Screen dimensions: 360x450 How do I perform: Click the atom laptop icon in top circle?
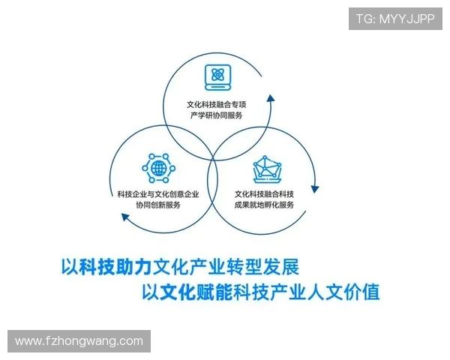tap(217, 75)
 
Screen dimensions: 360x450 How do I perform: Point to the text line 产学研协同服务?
tap(217, 115)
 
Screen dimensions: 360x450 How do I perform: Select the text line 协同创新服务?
tap(158, 205)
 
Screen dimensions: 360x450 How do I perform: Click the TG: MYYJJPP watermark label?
tap(394, 19)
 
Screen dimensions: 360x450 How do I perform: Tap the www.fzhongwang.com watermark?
tap(79, 341)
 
